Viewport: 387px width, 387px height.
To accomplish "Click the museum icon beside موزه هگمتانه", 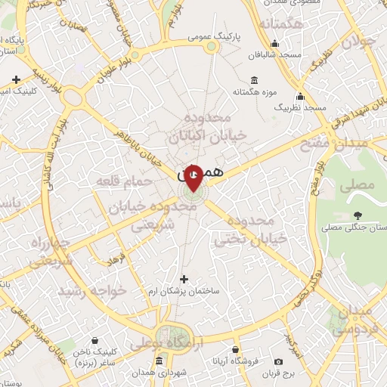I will [x=253, y=81].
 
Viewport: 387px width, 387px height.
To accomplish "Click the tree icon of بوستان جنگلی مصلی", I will [x=358, y=214].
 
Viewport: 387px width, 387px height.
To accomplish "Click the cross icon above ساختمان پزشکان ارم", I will [x=184, y=279].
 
